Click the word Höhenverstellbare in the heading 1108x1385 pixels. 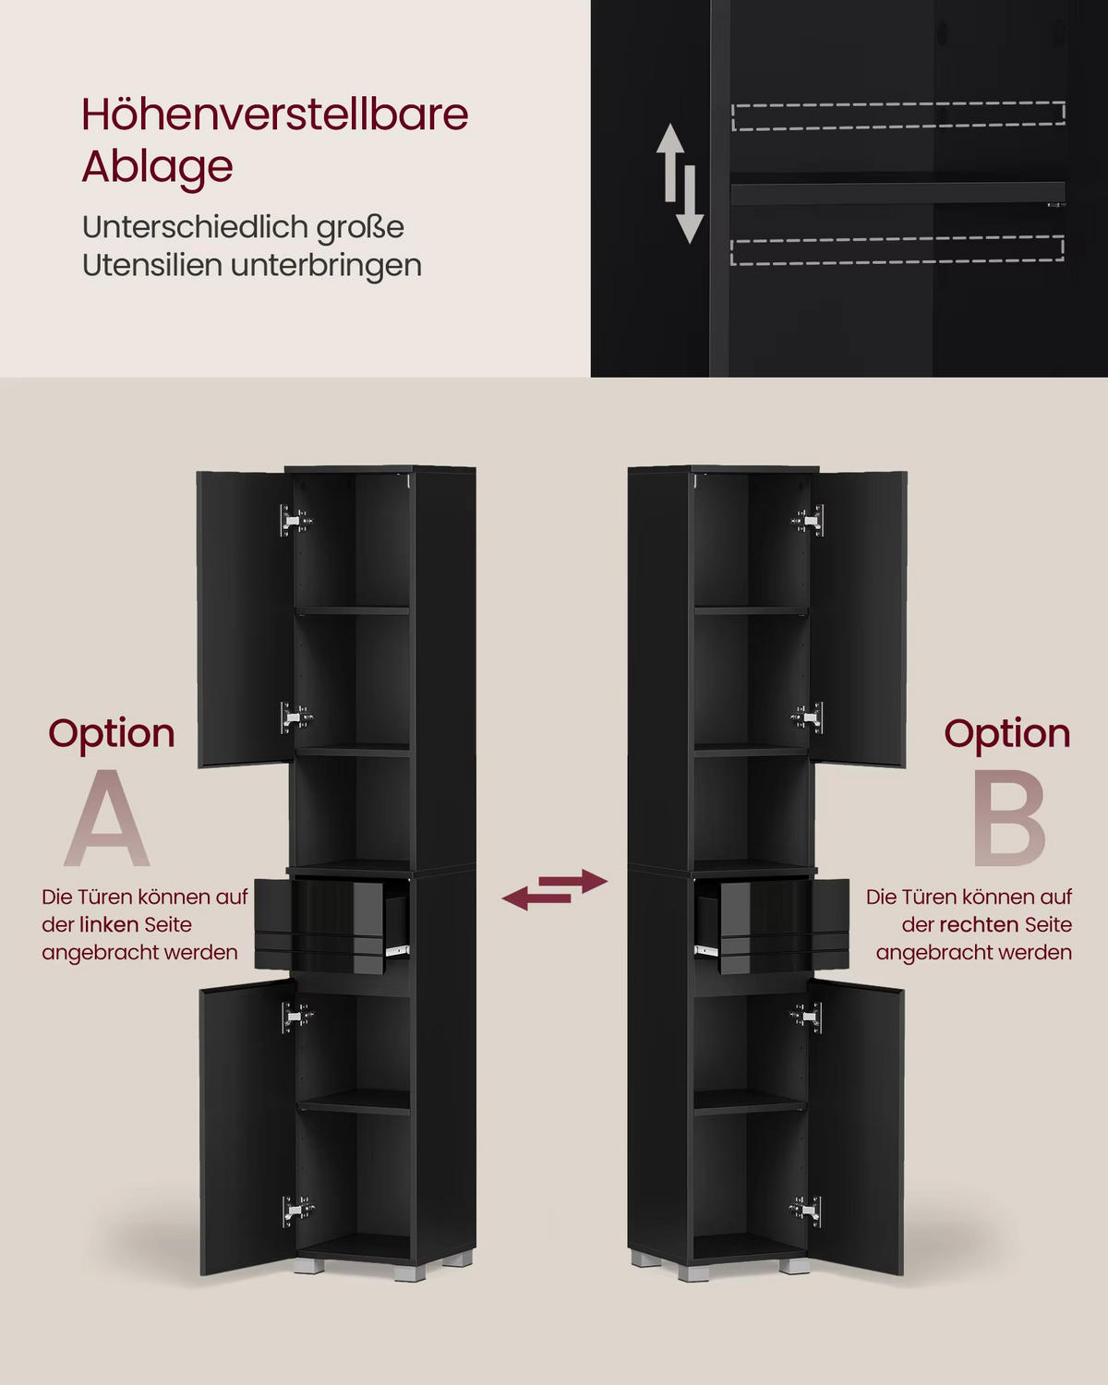point(275,114)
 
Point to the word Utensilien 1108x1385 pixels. point(152,264)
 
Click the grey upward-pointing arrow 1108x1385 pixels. point(670,162)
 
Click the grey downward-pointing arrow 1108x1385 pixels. point(690,205)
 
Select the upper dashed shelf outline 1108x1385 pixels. point(898,115)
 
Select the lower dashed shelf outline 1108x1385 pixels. point(897,250)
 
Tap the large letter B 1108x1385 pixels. point(1009,817)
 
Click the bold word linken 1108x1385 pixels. point(109,925)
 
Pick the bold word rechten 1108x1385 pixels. point(980,925)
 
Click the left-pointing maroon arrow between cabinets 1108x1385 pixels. point(536,898)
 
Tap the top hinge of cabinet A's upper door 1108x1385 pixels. point(295,520)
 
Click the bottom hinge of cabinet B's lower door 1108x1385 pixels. point(806,1210)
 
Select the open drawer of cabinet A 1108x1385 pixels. point(332,925)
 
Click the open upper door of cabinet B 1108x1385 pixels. point(859,619)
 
